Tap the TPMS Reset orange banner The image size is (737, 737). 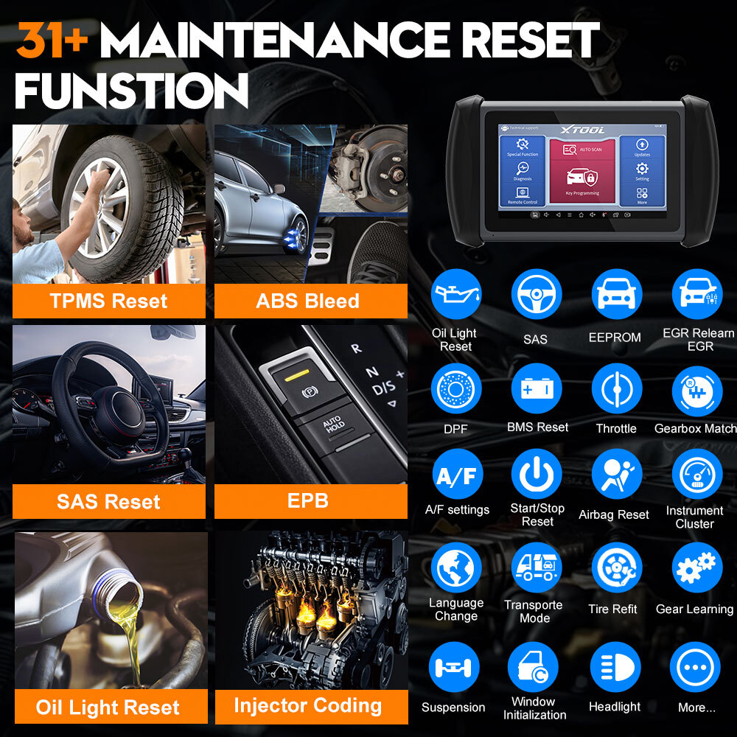pyautogui.click(x=108, y=301)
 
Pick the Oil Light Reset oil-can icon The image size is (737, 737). pyautogui.click(x=455, y=294)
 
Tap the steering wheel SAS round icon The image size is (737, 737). pyautogui.click(x=536, y=294)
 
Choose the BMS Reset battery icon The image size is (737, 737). pyautogui.click(x=537, y=388)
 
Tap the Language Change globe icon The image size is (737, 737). pyautogui.click(x=456, y=567)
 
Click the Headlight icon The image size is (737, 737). pyautogui.click(x=615, y=667)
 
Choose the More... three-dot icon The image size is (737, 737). pyautogui.click(x=695, y=667)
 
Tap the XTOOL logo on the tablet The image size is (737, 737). pyautogui.click(x=582, y=130)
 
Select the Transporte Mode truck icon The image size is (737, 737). pyautogui.click(x=536, y=567)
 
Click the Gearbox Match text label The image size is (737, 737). pyautogui.click(x=695, y=428)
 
